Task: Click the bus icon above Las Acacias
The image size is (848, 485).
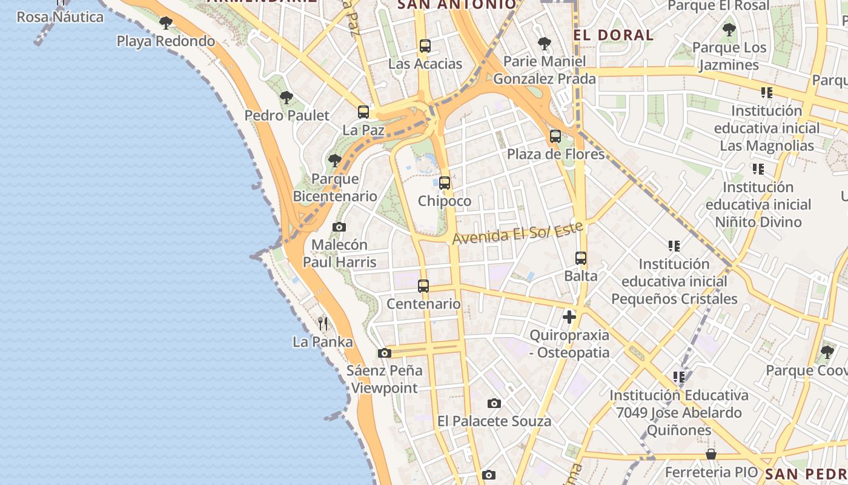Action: pos(425,45)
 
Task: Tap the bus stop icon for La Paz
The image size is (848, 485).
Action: pos(363,112)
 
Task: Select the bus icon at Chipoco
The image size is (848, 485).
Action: pos(445,182)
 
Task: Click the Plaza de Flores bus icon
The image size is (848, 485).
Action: pos(555,136)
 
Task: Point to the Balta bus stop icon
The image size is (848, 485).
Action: pos(581,258)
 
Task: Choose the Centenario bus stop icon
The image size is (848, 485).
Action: pos(423,286)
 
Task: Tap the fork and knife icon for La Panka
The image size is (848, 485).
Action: pos(323,324)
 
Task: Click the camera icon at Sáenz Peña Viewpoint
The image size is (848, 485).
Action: pos(384,353)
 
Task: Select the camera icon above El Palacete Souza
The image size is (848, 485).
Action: pos(494,403)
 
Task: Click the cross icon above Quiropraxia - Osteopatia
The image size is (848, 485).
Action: pos(569,316)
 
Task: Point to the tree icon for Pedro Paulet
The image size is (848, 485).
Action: pos(287,97)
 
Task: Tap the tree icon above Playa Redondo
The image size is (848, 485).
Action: pos(165,23)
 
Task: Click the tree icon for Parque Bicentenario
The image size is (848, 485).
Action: pos(334,161)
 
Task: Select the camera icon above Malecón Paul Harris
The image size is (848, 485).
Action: pos(339,227)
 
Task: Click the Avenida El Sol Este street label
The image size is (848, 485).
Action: pos(517,233)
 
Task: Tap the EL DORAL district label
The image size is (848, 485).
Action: pos(614,35)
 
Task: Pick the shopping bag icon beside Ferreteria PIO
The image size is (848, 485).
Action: pos(711,454)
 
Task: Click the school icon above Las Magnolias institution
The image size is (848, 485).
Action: pos(767,93)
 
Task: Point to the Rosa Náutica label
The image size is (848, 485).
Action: pos(60,17)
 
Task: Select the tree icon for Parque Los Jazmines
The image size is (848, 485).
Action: pos(729,29)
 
